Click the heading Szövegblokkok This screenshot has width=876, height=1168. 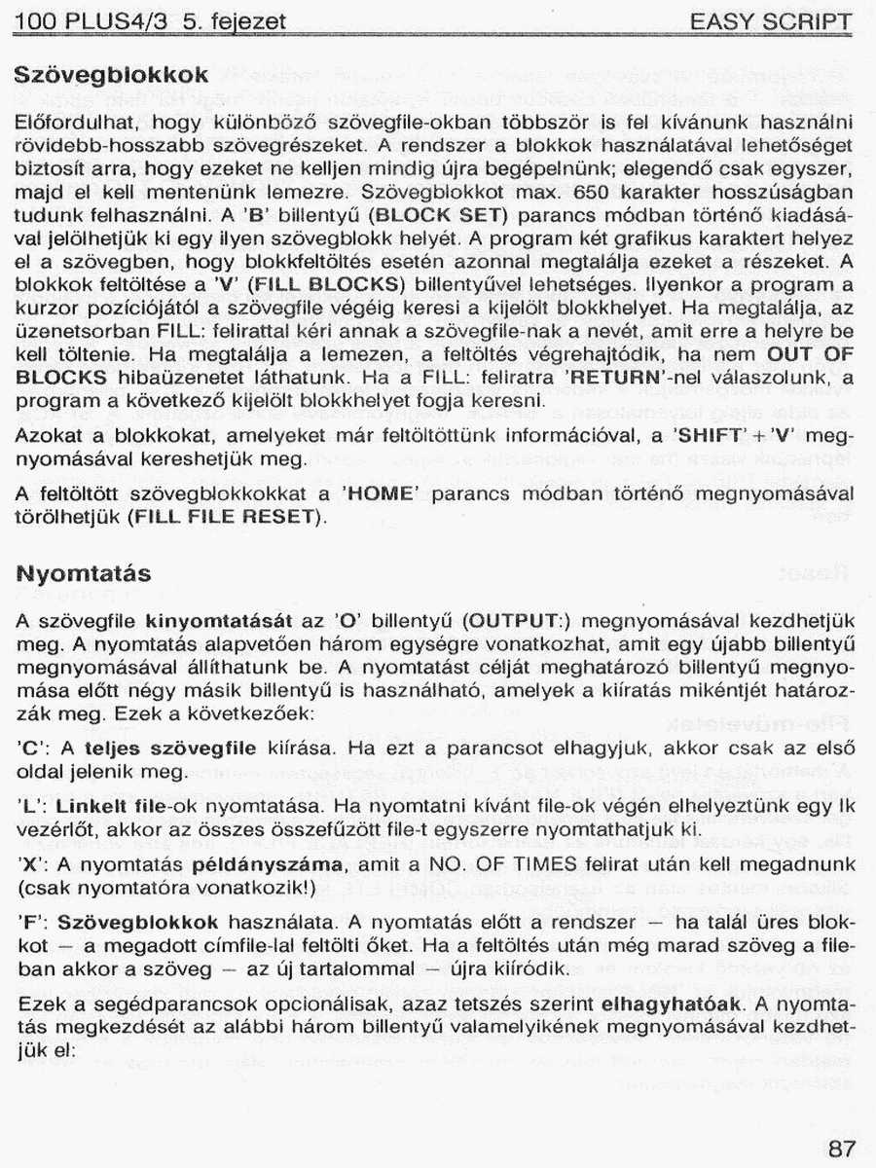pos(112,75)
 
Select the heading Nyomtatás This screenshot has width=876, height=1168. pos(84,574)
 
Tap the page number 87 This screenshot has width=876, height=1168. pos(843,1148)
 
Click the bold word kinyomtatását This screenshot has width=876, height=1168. pos(219,620)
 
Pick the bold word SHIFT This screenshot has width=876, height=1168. pos(709,436)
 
